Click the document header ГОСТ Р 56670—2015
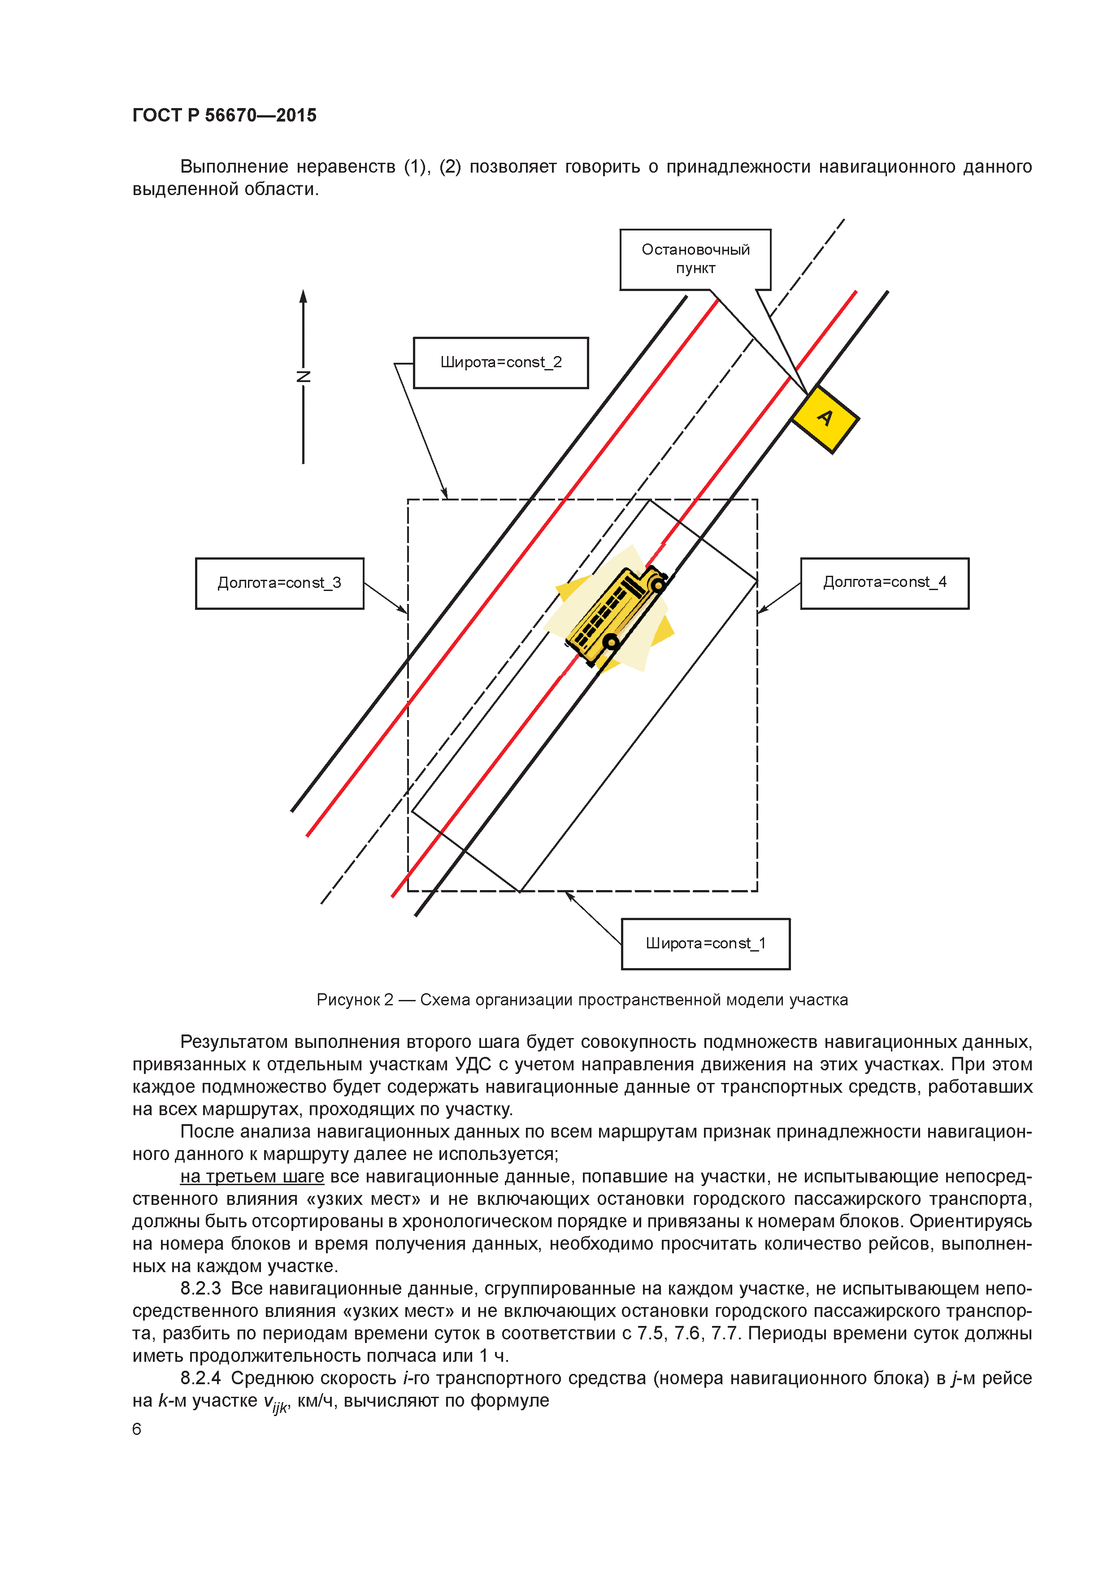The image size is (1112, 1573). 224,115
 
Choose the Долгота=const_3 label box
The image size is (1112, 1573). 279,583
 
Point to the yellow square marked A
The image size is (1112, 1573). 825,418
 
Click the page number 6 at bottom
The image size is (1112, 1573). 136,1429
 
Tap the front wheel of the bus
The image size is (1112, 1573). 658,584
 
